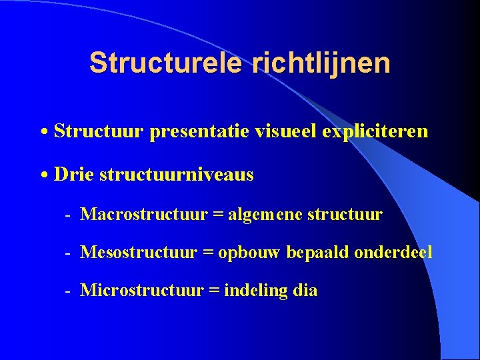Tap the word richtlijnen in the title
pos(321,63)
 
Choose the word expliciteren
pos(375,131)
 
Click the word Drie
pos(74,175)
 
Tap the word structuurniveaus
pos(176,175)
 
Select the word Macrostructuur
pos(144,215)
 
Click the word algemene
pos(265,215)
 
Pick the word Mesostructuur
pos(139,253)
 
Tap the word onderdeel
pos(393,253)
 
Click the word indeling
pos(256,291)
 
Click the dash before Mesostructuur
pos(67,253)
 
